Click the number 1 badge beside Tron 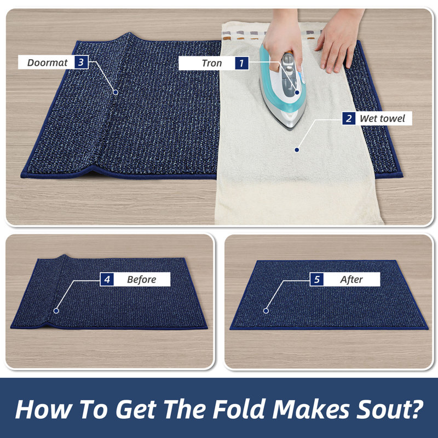click(241, 63)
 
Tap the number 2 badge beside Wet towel click(349, 118)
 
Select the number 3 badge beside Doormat click(81, 62)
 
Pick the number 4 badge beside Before click(107, 279)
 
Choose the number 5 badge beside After click(317, 279)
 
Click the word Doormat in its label click(47, 62)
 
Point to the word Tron click(212, 64)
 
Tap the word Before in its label click(141, 280)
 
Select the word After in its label click(351, 280)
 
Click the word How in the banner click(44, 410)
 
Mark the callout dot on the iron click(297, 92)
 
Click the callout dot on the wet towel click(297, 150)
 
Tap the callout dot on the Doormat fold click(116, 92)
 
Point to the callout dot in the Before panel click(56, 310)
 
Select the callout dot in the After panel click(266, 310)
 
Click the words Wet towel click(382, 118)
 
